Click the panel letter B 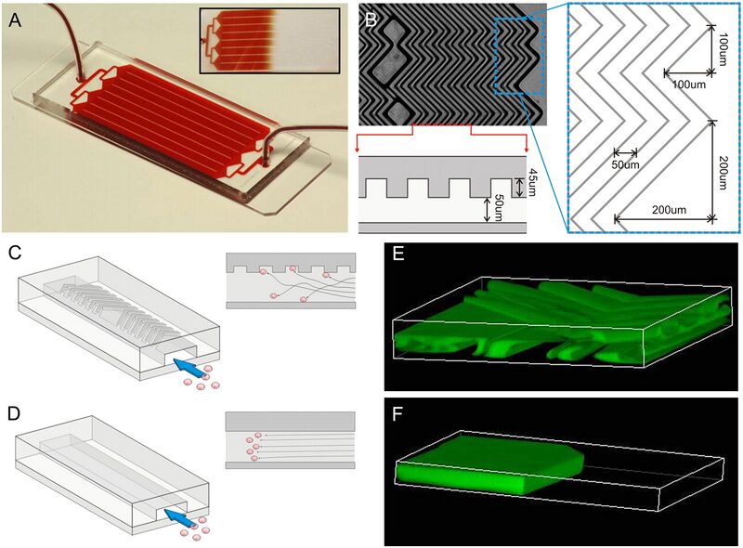371,20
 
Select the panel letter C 15,253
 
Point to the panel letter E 398,254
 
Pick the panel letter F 398,415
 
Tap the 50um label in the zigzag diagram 626,165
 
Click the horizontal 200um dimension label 669,210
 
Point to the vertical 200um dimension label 723,173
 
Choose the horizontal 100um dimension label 689,85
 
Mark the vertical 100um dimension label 723,49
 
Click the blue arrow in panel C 188,369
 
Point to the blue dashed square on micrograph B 520,56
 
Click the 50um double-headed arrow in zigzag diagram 625,152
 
